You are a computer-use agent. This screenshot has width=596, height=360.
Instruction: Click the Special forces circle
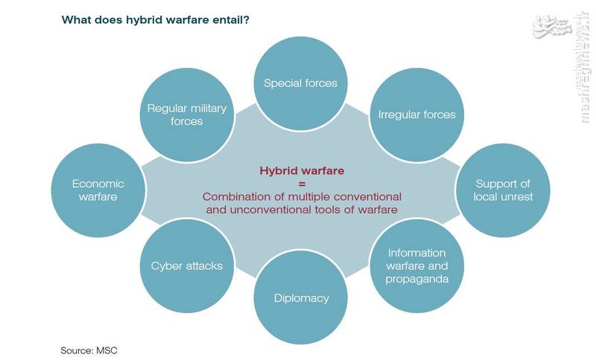(301, 83)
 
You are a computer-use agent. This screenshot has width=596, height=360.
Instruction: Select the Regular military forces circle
(187, 115)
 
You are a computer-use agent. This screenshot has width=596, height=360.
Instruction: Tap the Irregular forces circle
(416, 115)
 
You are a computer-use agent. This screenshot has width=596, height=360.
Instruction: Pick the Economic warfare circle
(98, 190)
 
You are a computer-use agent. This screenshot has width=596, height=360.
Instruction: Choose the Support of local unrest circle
(503, 190)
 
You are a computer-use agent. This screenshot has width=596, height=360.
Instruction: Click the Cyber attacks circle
(187, 266)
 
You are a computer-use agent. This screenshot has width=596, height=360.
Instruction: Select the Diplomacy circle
(301, 297)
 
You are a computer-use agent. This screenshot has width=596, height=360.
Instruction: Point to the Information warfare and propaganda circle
(416, 266)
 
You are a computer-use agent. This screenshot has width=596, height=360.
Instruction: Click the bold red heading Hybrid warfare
(302, 171)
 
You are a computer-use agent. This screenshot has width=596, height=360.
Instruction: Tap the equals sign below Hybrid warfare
(302, 184)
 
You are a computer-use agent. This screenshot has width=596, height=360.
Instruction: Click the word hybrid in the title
(142, 20)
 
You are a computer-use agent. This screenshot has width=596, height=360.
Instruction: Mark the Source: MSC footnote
(89, 350)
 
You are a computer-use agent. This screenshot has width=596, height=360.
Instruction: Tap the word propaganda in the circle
(416, 280)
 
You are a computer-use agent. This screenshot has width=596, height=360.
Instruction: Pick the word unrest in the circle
(516, 197)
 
